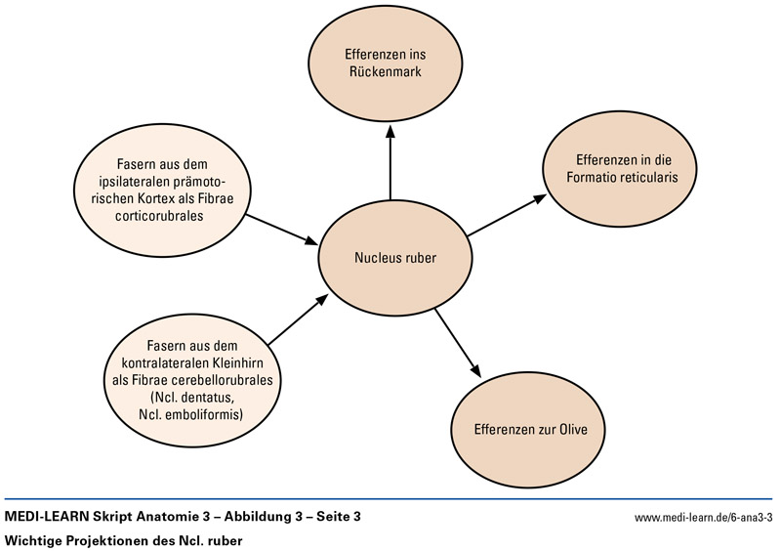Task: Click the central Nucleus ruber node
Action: click(x=394, y=259)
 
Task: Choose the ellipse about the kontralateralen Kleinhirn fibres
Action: click(x=191, y=370)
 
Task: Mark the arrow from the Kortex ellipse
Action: click(x=279, y=229)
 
